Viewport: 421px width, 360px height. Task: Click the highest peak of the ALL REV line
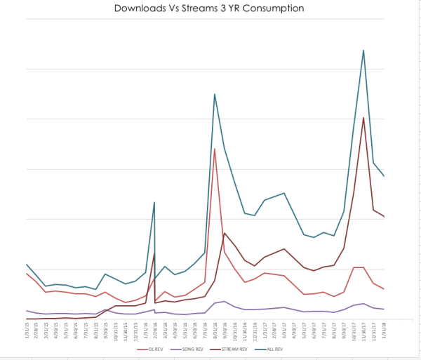pos(363,50)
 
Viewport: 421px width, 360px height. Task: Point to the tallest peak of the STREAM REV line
pos(363,117)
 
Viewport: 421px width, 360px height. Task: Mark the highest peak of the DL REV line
pos(214,149)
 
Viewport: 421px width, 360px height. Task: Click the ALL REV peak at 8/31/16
pos(214,94)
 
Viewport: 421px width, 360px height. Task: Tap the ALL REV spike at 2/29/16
pos(154,202)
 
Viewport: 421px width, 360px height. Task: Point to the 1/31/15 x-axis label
pos(27,329)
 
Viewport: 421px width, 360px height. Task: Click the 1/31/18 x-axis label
pos(384,329)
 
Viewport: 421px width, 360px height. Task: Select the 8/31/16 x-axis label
pos(214,329)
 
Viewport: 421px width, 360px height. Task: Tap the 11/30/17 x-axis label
pos(363,329)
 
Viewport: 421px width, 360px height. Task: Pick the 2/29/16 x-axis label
pos(154,329)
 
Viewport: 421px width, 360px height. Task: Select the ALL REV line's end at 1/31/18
pos(384,176)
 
